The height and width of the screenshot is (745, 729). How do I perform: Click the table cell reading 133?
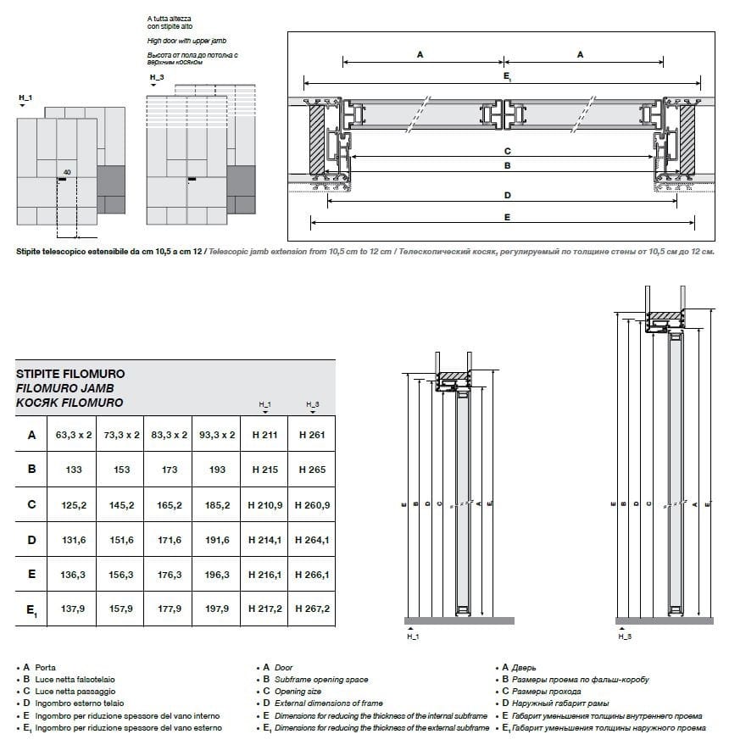coord(73,469)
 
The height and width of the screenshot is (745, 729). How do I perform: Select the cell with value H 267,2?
coord(311,609)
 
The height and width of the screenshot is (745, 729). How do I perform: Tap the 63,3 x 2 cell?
coord(73,435)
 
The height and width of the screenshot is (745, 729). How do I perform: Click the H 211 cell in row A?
coord(264,435)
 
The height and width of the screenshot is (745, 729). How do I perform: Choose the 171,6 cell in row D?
coord(169,539)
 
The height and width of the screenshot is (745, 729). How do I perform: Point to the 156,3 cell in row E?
coord(121,574)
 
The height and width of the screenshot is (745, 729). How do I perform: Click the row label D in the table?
coord(31,539)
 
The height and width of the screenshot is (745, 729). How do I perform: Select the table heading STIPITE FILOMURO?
coord(71,372)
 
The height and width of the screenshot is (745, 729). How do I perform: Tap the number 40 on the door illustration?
coord(66,172)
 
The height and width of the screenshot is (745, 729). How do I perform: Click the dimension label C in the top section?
coord(507,151)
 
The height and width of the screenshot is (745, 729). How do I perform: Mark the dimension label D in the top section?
coord(507,196)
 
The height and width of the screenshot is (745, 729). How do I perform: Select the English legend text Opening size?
coord(298,692)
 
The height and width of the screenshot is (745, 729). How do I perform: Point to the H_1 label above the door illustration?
coord(25,99)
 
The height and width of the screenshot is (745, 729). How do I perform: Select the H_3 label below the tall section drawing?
coord(624,635)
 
